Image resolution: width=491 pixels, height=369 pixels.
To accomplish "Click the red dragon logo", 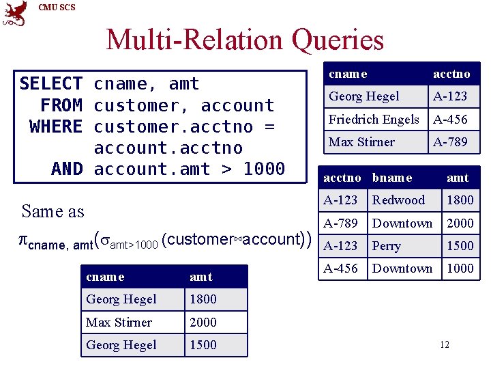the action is tap(14, 14).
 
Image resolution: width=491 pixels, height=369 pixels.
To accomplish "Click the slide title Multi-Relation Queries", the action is tap(245, 40).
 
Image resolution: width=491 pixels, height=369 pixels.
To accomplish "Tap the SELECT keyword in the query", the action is tap(50, 84).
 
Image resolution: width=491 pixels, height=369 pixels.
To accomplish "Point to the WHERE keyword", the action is tap(56, 126).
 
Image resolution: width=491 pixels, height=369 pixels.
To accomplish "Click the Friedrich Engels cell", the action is tap(374, 119).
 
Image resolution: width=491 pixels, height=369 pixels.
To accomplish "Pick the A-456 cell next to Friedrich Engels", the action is tap(450, 119).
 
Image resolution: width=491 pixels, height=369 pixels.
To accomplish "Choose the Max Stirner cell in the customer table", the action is tap(361, 142).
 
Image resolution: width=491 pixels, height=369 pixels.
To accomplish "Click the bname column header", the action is tap(392, 178).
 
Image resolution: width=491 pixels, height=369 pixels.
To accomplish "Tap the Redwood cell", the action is tap(398, 200).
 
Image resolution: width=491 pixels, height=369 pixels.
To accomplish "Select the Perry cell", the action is tap(387, 246).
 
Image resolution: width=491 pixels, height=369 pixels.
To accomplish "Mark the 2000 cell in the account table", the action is tap(460, 223).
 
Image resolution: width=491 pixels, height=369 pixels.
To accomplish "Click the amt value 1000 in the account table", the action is tap(460, 269).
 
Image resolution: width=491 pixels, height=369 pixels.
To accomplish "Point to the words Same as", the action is tap(53, 211).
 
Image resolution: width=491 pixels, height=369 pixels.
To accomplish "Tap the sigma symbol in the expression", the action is tap(105, 240).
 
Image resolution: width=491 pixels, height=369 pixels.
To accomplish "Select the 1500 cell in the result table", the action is tap(203, 345).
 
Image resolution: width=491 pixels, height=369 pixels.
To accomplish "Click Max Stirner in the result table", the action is tap(119, 322).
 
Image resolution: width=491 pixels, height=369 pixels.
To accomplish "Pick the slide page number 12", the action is tap(445, 345).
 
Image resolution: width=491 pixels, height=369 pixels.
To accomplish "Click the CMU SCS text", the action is tap(57, 8).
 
